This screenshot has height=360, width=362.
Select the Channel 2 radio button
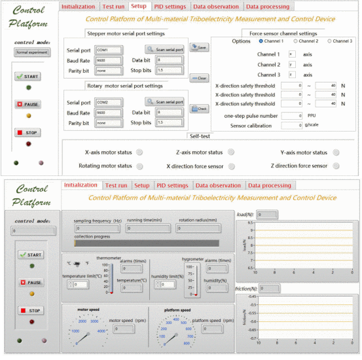point(295,41)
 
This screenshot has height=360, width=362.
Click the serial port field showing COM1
point(108,50)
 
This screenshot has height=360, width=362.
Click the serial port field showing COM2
point(108,103)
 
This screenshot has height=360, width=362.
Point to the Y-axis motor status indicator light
point(336,152)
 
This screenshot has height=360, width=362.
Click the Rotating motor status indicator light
point(140,166)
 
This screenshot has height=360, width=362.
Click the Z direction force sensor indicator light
point(336,166)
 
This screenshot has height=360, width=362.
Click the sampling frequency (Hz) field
point(98,228)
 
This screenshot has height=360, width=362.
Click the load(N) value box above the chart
point(268,214)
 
